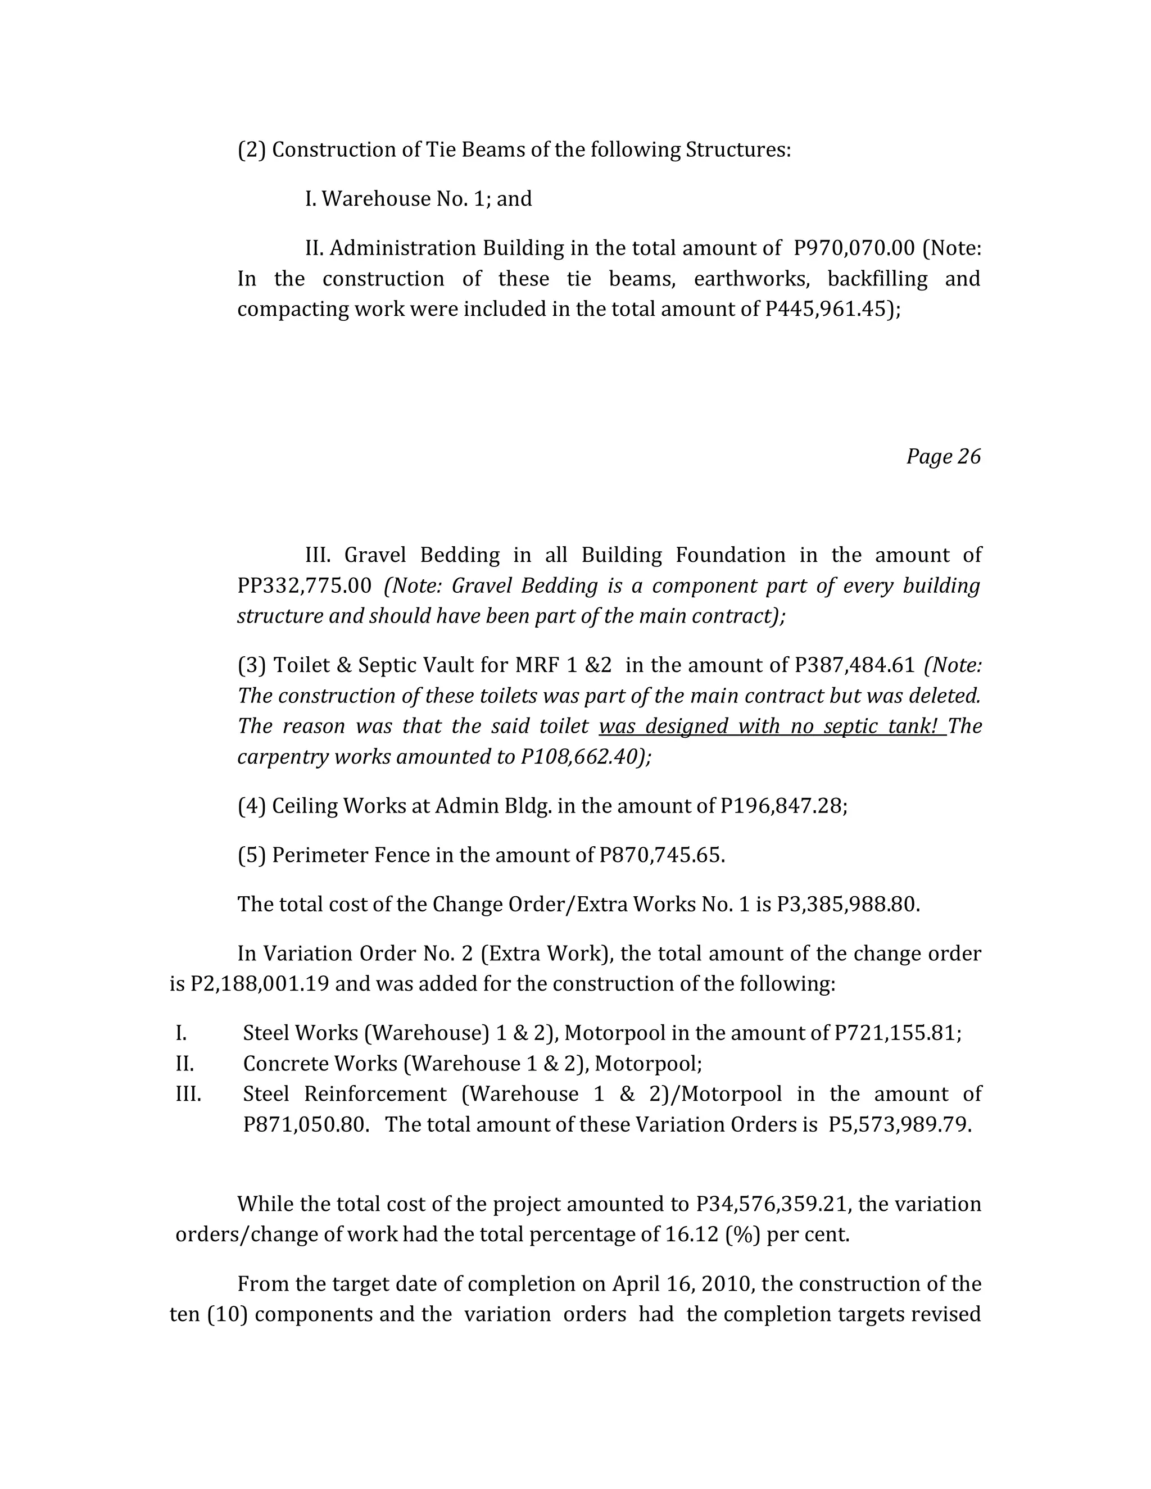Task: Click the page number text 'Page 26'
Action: click(943, 456)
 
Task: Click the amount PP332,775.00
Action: click(304, 585)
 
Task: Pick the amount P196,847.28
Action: click(782, 806)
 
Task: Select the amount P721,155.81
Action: click(896, 1033)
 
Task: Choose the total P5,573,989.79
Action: click(899, 1124)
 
